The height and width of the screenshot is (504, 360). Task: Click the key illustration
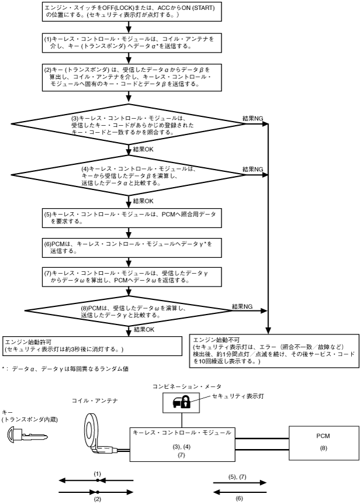point(27,435)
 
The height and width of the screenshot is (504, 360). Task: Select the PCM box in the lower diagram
point(324,443)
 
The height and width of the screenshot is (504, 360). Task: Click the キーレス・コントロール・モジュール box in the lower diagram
point(182,444)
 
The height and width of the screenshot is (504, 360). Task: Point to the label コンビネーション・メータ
point(187,386)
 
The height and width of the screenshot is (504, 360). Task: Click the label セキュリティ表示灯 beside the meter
point(238,396)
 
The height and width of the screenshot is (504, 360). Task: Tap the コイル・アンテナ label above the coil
point(95,401)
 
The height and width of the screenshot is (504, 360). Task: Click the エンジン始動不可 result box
point(275,351)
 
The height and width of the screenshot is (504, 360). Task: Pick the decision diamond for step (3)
point(129,124)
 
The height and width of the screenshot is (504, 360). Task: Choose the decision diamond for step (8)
point(129,310)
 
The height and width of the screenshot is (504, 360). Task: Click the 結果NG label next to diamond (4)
point(252,169)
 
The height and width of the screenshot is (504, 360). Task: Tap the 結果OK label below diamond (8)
point(144,329)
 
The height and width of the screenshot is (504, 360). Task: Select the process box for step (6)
point(132,247)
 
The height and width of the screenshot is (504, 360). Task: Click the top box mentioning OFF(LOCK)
point(132,12)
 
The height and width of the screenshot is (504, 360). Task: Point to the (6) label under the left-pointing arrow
point(239,499)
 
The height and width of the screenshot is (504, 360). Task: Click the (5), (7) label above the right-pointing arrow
point(238,477)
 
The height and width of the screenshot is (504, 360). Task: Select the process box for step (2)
point(132,77)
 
